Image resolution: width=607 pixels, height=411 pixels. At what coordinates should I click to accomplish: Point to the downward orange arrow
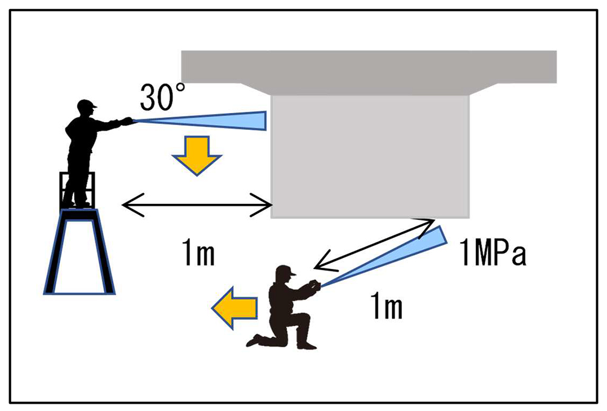pyautogui.click(x=197, y=155)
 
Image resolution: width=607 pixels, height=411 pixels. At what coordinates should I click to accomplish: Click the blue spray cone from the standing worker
pyautogui.click(x=212, y=120)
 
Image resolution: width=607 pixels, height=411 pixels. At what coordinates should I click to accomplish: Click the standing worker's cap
pyautogui.click(x=87, y=104)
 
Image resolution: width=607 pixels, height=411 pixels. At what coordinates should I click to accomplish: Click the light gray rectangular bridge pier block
pyautogui.click(x=370, y=155)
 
